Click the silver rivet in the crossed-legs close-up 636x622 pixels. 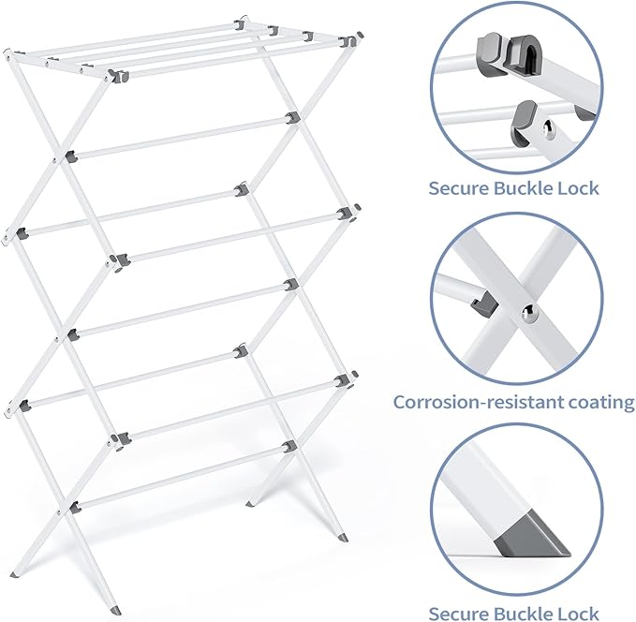click(528, 317)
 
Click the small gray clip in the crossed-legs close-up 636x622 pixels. click(481, 301)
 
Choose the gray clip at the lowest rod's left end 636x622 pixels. click(74, 508)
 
